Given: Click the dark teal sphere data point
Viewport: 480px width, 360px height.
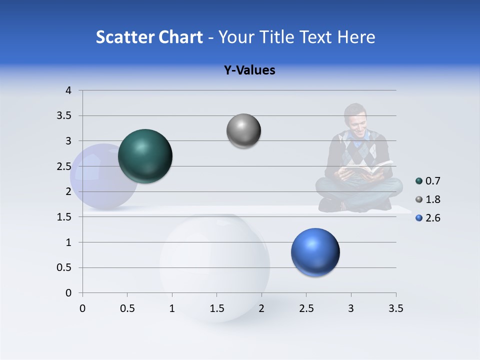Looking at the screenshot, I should [x=145, y=156].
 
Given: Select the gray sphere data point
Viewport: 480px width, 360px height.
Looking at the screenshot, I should [x=243, y=131].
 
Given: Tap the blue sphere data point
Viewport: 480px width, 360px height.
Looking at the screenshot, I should [x=315, y=252].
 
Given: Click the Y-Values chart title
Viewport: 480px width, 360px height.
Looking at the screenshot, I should [x=249, y=70].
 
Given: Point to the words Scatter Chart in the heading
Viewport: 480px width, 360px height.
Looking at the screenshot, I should [x=149, y=37].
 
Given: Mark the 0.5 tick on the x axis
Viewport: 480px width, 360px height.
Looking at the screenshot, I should [x=127, y=308].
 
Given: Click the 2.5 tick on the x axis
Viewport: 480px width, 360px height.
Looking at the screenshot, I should [x=306, y=308].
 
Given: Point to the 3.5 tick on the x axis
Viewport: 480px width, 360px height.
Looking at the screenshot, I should [x=395, y=308].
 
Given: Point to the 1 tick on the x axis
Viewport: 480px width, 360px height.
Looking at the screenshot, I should [x=172, y=308].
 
